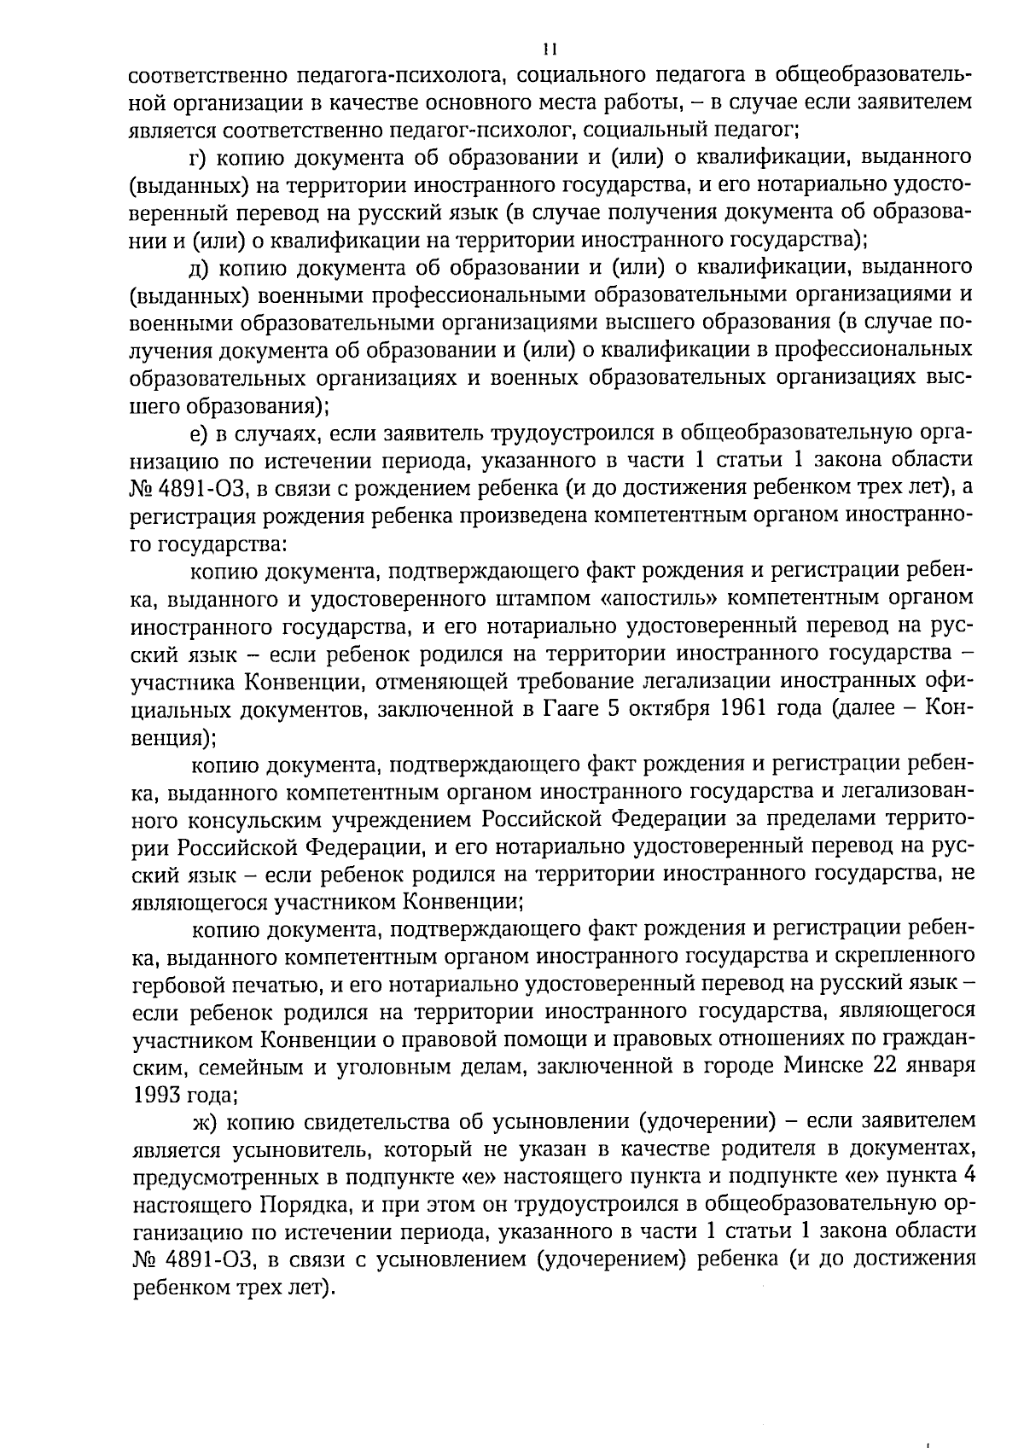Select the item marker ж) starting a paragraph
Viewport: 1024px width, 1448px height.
tap(203, 1120)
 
